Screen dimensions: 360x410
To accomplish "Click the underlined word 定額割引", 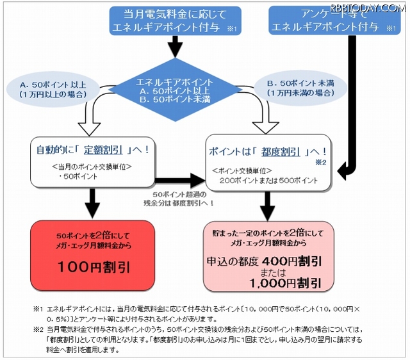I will (106, 152).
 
